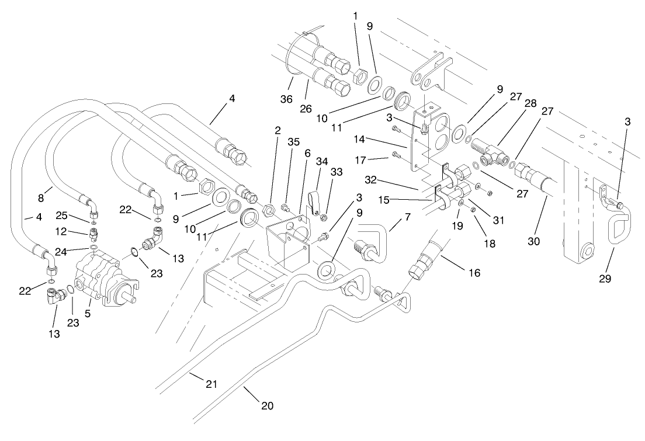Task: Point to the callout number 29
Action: click(x=605, y=279)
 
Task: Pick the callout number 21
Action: click(x=211, y=384)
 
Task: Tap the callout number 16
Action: click(x=473, y=273)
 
